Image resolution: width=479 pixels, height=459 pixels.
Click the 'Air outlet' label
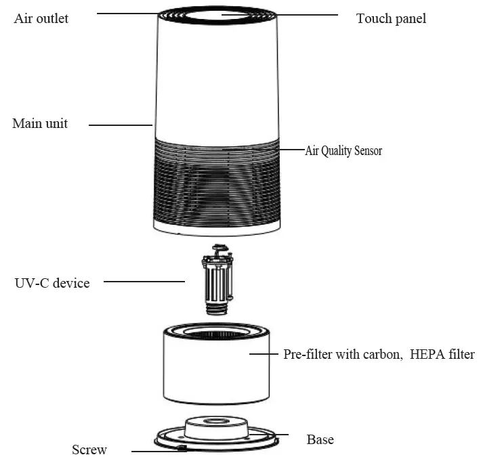coord(41,18)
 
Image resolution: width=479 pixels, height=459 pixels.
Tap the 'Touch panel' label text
coord(391,18)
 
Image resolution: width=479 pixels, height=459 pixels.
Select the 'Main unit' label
coord(40,124)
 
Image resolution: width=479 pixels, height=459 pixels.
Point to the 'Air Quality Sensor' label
coord(343,151)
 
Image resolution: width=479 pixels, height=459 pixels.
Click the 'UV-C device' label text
coord(51,283)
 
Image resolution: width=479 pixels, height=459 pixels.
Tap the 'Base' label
coord(320,439)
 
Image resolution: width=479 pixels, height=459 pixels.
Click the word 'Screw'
coord(89,450)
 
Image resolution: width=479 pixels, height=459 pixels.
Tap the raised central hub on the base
coord(215,427)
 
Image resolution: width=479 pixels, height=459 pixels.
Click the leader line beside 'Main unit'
coord(120,125)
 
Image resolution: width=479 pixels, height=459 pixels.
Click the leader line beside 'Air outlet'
coord(129,13)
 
